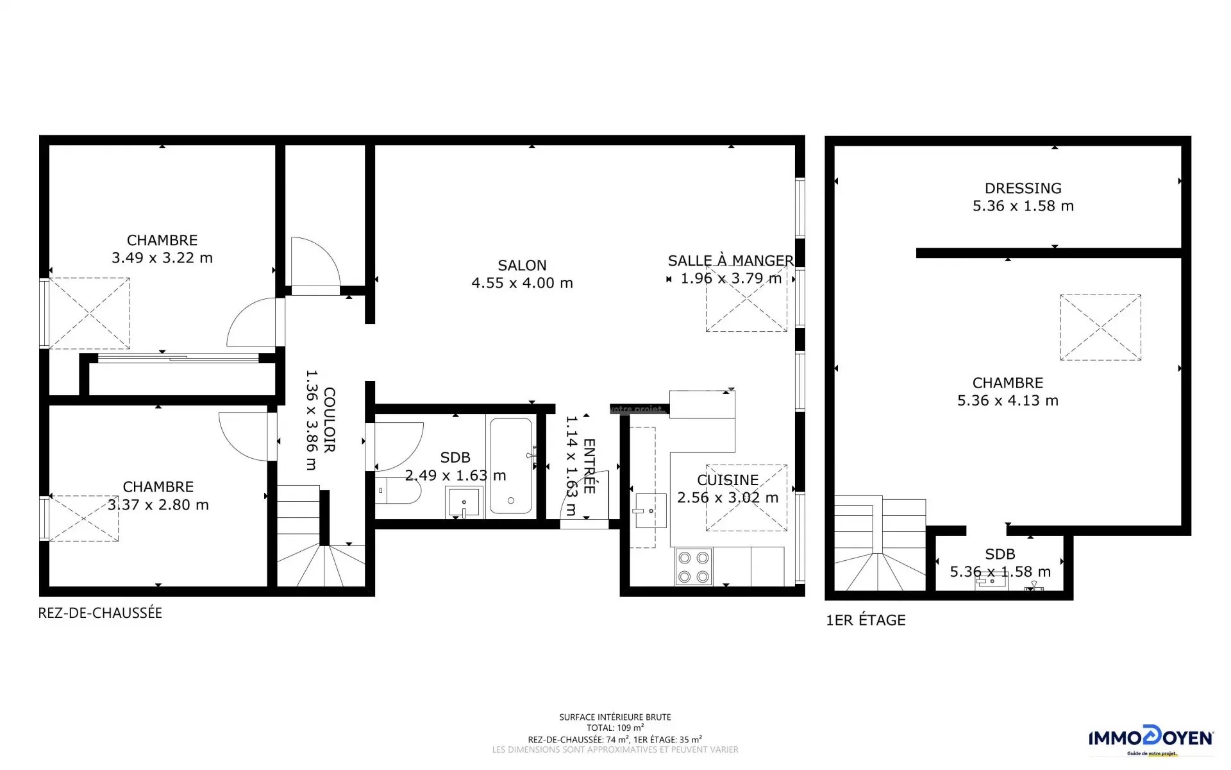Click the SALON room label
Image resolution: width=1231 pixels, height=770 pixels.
coord(522,265)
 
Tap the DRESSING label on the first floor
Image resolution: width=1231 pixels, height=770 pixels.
coord(1023,188)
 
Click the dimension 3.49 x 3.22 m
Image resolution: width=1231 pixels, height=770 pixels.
coord(162,258)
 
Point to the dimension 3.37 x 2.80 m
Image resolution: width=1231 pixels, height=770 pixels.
coord(158,505)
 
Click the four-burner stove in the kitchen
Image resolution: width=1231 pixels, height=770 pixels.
coord(694,567)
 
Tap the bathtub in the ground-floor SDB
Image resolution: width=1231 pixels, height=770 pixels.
coord(511,466)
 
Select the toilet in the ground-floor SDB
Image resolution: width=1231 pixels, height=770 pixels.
coord(398,491)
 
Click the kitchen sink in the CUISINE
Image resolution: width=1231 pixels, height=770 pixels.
coord(649,511)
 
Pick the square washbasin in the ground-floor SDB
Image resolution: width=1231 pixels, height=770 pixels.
coord(464,502)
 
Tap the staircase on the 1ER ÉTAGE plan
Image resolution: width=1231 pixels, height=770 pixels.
coord(880,544)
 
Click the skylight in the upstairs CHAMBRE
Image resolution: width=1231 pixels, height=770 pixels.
coord(1100,327)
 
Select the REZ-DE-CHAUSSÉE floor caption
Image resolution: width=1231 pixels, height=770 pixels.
coord(100,613)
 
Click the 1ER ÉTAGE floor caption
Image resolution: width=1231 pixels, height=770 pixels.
coord(866,620)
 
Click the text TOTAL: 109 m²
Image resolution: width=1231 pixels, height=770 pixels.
coord(615,728)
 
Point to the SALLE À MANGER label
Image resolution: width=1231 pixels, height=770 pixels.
coord(731,261)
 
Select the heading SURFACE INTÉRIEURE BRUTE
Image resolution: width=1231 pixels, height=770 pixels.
coord(615,717)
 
